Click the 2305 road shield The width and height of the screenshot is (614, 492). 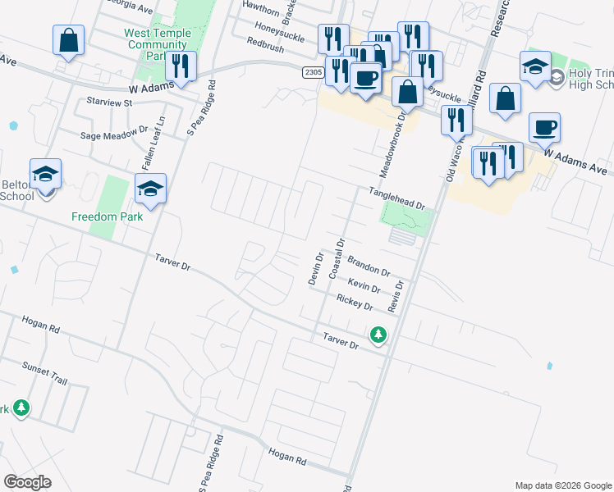tap(313, 72)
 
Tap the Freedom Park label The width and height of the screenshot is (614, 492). tap(107, 216)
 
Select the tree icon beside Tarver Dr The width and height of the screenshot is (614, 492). tap(378, 335)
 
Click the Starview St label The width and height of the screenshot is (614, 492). tap(109, 102)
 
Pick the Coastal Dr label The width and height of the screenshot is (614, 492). tap(335, 260)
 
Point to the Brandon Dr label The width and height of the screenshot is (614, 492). tap(368, 266)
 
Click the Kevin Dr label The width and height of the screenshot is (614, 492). tap(364, 285)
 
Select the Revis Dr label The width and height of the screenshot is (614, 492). tap(399, 296)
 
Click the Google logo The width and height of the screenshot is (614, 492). tap(28, 482)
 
